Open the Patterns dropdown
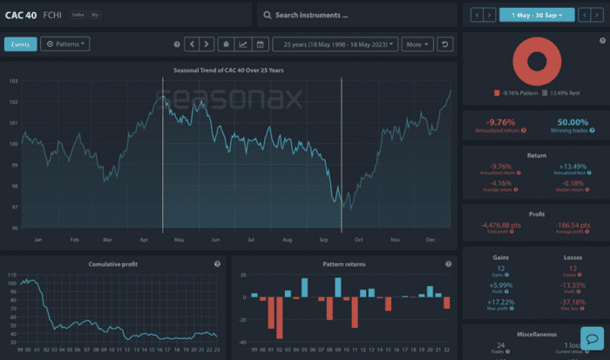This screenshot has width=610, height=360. pyautogui.click(x=65, y=44)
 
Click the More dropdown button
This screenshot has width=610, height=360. pyautogui.click(x=417, y=44)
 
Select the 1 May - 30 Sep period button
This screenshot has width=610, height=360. pyautogui.click(x=537, y=15)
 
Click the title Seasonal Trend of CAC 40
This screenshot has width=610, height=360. pyautogui.click(x=228, y=70)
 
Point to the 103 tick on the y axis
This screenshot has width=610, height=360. pyautogui.click(x=12, y=81)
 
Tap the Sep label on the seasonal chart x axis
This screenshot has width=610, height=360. pyautogui.click(x=322, y=238)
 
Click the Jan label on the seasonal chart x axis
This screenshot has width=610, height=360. pyautogui.click(x=38, y=238)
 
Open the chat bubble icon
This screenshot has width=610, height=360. pyautogui.click(x=590, y=339)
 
